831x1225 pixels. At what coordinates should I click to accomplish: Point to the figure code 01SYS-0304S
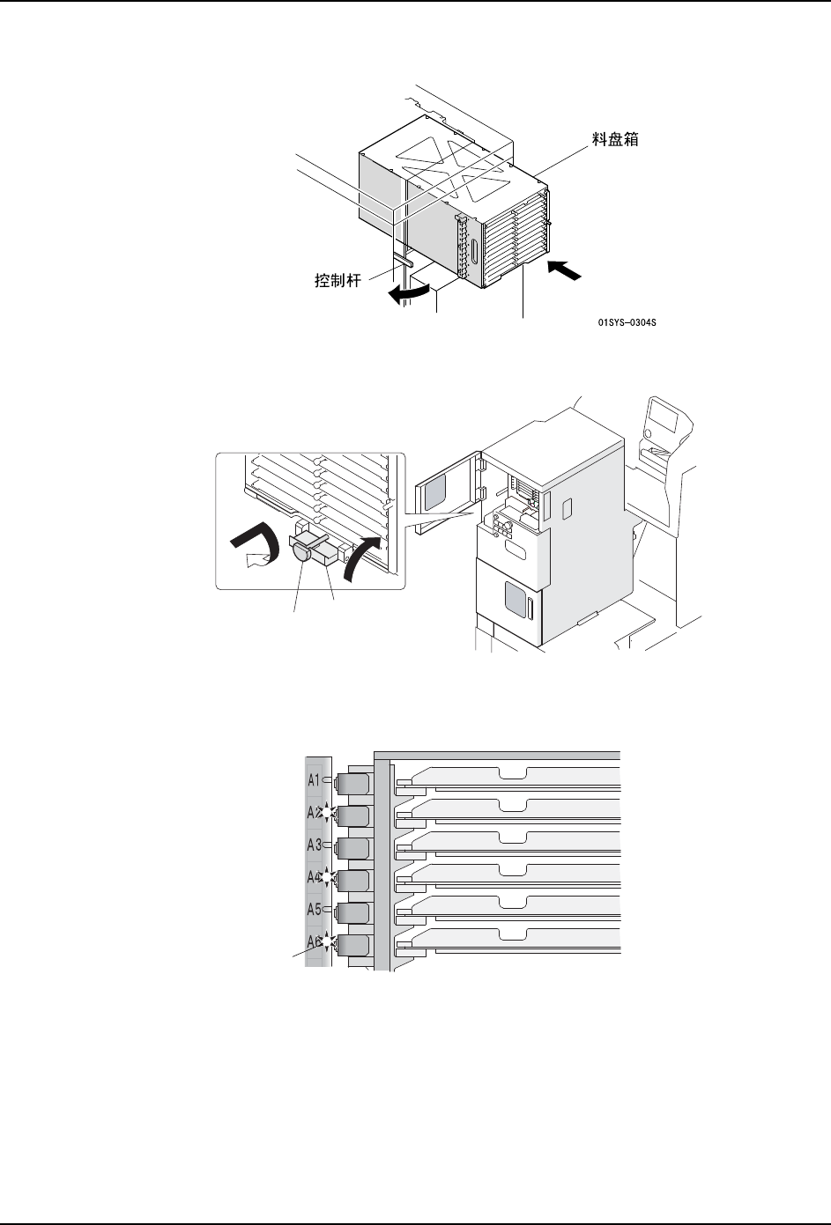[x=627, y=323]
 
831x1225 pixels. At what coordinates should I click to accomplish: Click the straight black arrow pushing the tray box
[x=564, y=269]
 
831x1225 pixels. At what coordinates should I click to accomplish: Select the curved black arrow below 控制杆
[x=412, y=294]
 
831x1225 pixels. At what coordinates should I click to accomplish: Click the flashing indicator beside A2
[x=327, y=814]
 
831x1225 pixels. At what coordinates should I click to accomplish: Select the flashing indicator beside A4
[x=327, y=878]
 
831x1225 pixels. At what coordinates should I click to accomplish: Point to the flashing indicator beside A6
[x=327, y=942]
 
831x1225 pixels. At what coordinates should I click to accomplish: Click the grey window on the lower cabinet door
[x=511, y=604]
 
